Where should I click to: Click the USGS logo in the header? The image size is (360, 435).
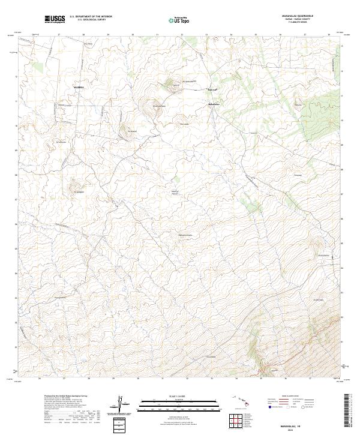pos(55,19)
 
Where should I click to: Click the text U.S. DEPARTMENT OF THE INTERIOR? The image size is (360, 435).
pos(91,17)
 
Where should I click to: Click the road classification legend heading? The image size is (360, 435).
pos(289,397)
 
